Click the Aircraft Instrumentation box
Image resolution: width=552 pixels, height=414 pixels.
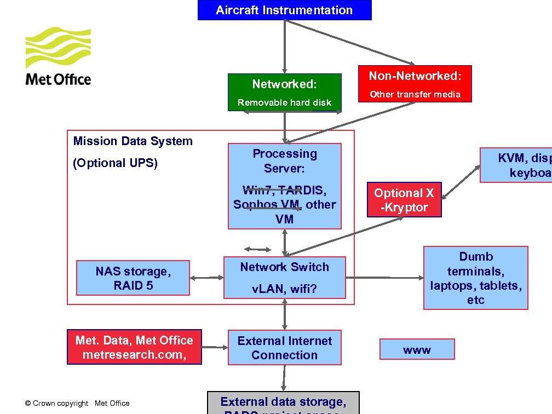click(x=284, y=10)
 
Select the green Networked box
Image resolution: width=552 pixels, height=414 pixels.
click(x=284, y=93)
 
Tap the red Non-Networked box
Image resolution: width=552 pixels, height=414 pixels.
click(x=415, y=84)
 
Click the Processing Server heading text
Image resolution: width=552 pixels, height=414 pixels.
click(x=284, y=160)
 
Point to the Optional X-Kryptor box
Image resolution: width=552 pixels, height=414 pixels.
click(x=404, y=200)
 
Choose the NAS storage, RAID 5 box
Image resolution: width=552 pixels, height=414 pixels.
click(x=133, y=278)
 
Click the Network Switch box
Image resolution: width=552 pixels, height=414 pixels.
click(x=284, y=277)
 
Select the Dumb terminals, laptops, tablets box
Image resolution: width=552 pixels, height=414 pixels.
click(x=475, y=278)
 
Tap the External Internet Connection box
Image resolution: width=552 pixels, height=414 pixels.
click(x=284, y=347)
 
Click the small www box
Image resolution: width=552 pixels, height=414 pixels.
click(x=417, y=349)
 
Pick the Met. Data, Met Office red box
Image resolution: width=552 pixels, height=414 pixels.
click(x=134, y=347)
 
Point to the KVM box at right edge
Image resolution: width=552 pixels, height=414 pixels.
click(x=516, y=165)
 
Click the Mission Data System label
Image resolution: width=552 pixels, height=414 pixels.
click(x=133, y=141)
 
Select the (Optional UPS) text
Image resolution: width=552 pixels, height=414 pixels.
click(x=115, y=163)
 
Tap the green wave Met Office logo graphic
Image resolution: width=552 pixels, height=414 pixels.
click(x=59, y=48)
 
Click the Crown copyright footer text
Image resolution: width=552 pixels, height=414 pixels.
click(x=77, y=403)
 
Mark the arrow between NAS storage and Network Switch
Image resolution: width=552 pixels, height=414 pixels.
click(x=206, y=278)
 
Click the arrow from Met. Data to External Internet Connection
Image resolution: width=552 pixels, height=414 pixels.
click(x=215, y=347)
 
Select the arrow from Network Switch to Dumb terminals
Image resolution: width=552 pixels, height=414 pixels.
click(x=384, y=278)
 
